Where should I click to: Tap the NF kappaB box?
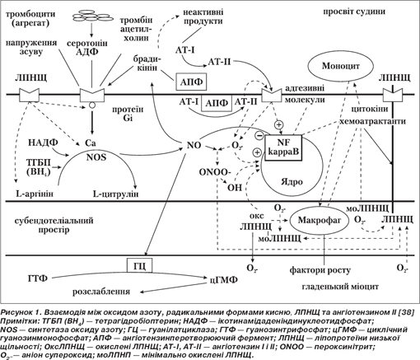(283, 147)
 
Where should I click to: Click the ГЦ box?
(139, 266)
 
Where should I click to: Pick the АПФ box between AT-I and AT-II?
(217, 103)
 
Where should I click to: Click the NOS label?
(96, 157)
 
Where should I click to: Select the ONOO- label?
(215, 172)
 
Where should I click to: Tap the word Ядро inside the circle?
(292, 182)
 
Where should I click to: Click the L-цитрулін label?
(115, 194)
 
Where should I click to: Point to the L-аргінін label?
(35, 194)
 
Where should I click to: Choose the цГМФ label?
(223, 280)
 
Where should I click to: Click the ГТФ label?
(38, 278)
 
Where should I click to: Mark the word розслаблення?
(101, 292)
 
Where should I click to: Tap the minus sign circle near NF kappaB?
(259, 135)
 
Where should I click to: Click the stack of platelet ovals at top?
(93, 16)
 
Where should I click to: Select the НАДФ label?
(43, 143)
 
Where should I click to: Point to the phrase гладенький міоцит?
(340, 287)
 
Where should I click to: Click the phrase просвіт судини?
(354, 12)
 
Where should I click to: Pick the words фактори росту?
(320, 270)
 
